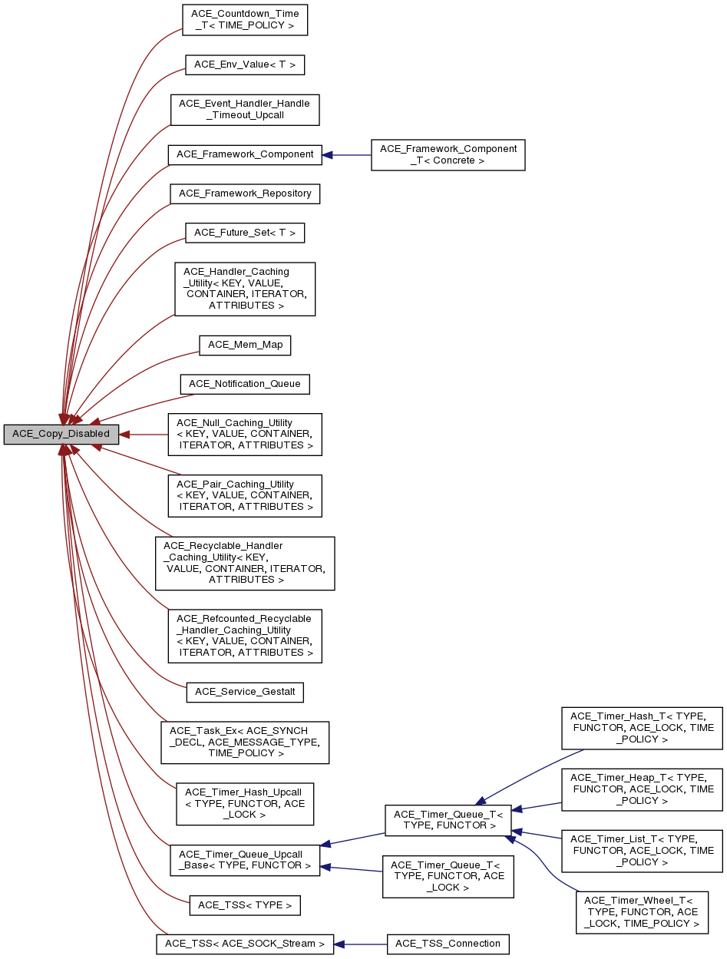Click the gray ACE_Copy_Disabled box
point(61,435)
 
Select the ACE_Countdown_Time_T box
point(245,19)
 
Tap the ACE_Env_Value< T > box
point(245,64)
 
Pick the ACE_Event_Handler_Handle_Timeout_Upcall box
point(244,110)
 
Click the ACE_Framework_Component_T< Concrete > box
point(448,155)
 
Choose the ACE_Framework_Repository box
point(245,193)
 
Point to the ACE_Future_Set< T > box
point(245,233)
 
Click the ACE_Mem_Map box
point(245,345)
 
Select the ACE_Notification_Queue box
point(245,384)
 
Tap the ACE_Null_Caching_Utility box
point(245,435)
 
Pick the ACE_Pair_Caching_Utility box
point(245,496)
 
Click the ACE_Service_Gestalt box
point(245,692)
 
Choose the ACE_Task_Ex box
point(245,742)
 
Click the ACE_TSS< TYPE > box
point(245,905)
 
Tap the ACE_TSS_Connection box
point(448,944)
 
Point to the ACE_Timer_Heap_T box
point(642,789)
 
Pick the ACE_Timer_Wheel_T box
point(642,912)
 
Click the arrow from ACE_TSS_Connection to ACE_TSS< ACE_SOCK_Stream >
point(361,944)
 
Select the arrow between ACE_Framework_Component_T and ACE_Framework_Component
point(346,155)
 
